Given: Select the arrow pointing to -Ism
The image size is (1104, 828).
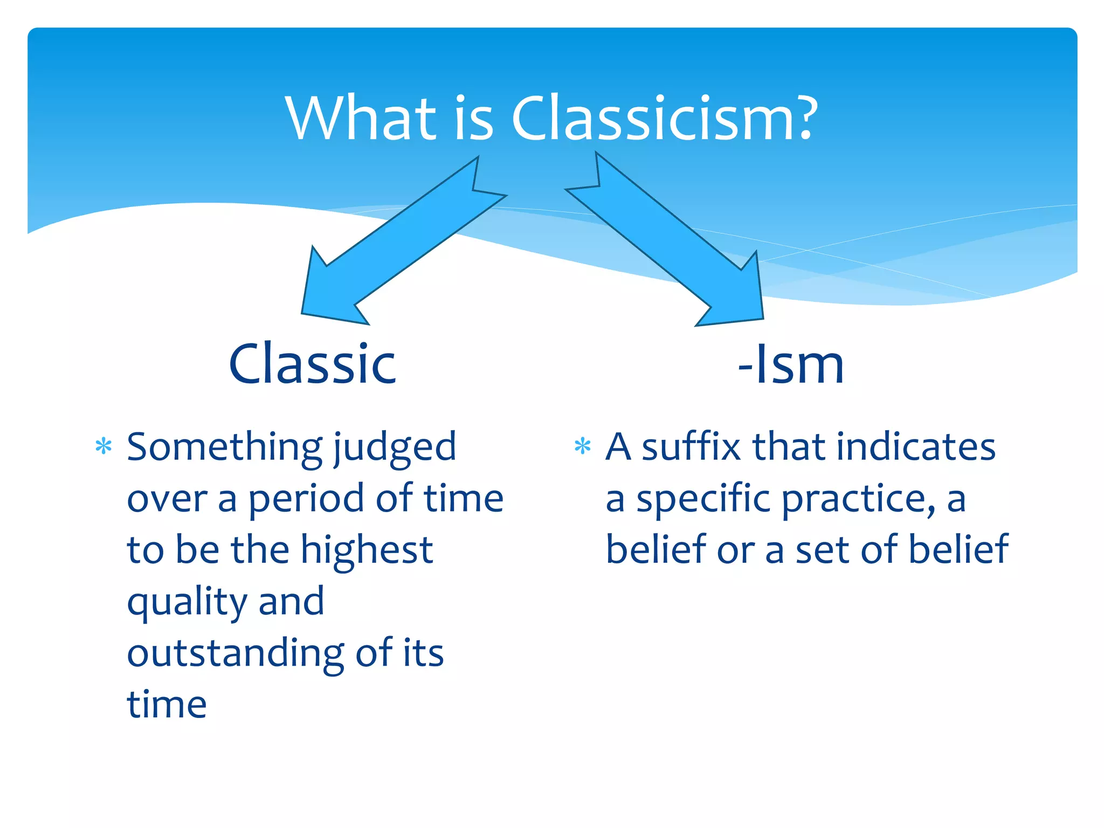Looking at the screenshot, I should point(674,243).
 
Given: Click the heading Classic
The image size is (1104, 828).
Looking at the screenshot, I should point(313,364).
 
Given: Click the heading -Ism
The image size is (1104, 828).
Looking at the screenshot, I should point(791,364).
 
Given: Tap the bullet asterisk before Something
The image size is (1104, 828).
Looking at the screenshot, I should point(103,446).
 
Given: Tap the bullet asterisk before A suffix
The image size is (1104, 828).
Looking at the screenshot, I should point(582,446).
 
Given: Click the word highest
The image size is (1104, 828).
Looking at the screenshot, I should point(367,551).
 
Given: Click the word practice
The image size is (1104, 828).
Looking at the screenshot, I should point(858,499).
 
